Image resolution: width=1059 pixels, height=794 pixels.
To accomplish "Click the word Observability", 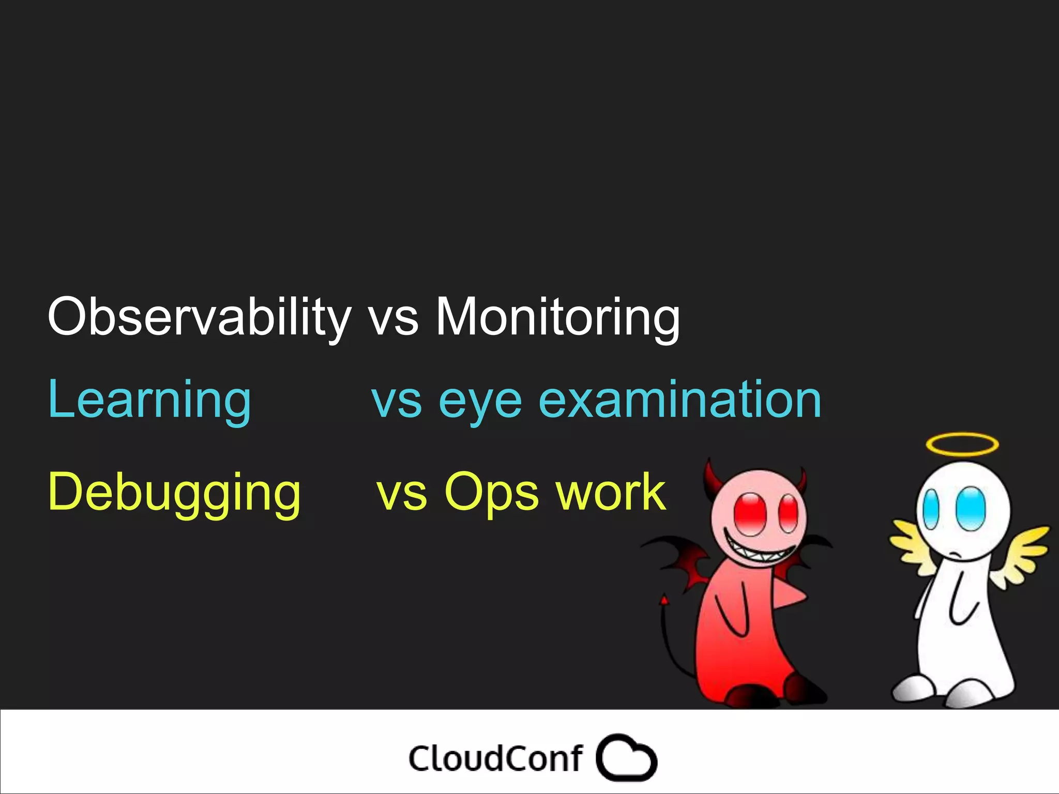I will [x=199, y=316].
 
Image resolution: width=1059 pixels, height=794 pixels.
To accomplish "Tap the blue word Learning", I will [x=149, y=399].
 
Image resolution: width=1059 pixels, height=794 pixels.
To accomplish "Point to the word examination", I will [x=679, y=399].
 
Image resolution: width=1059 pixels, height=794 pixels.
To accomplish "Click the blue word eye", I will [x=480, y=402].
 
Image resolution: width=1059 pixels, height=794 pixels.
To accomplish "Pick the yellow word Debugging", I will [x=174, y=492].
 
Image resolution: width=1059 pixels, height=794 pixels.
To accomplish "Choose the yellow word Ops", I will [x=491, y=493].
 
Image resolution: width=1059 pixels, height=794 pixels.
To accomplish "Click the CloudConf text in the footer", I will [x=495, y=759].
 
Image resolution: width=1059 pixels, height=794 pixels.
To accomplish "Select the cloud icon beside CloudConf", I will [x=626, y=758].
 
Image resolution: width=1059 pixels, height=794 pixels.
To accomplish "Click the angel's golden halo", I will [x=962, y=445].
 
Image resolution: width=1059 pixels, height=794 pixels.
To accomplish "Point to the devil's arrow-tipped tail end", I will [x=664, y=601].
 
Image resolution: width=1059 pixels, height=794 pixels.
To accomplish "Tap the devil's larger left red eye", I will [x=750, y=514].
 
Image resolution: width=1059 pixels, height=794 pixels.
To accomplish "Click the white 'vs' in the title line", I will [x=393, y=317].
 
